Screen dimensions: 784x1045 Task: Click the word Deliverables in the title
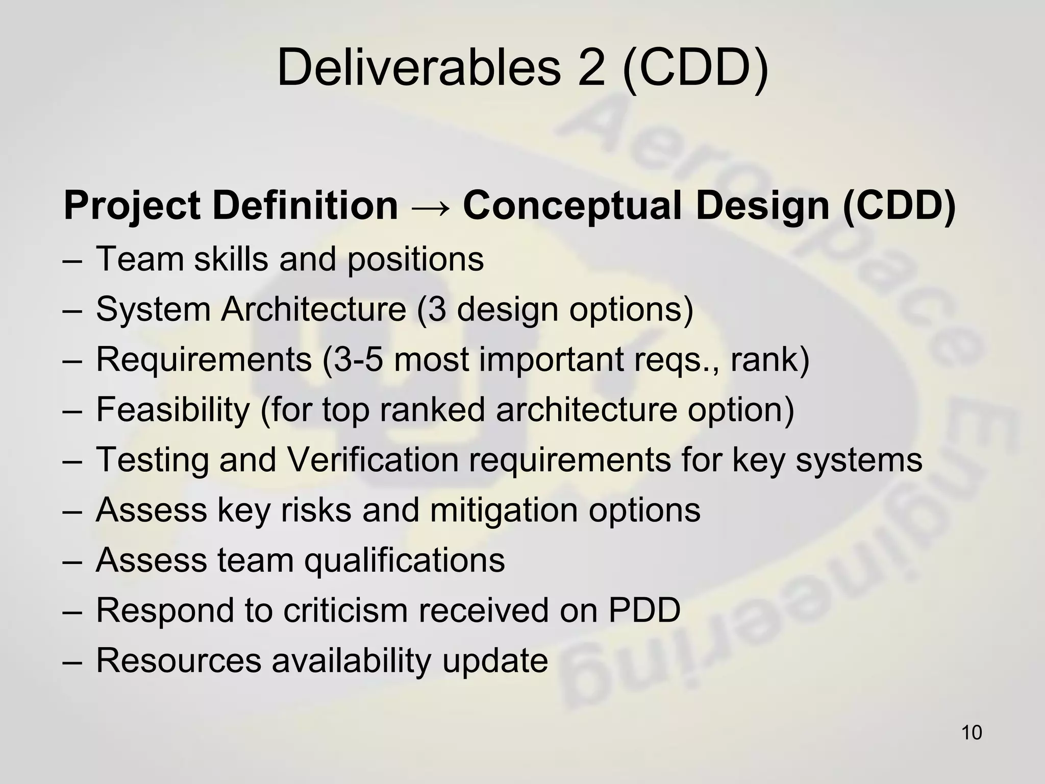[418, 68]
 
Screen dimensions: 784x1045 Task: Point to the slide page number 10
[971, 732]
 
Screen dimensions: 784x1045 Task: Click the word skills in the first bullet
[231, 259]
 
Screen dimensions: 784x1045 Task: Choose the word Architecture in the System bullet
[313, 309]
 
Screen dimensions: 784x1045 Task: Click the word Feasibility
[173, 410]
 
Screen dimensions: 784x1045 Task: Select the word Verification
[372, 460]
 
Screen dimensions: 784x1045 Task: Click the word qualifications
[405, 560]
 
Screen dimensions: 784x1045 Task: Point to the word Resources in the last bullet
[179, 660]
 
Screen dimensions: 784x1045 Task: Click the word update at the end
[495, 660]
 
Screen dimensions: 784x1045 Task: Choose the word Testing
[152, 460]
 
